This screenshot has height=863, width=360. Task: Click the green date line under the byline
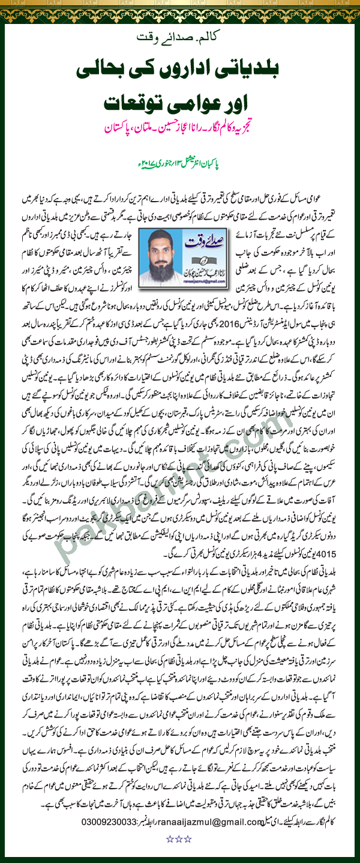(x=180, y=163)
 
